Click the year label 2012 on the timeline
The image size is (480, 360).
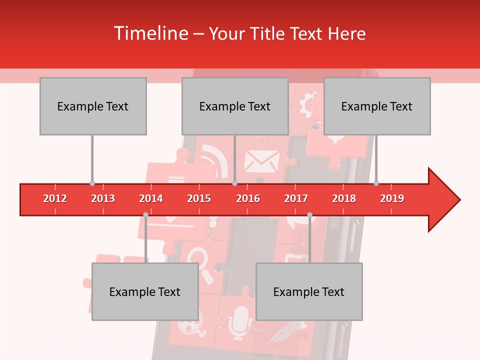pos(55,198)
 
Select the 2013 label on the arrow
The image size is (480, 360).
pos(103,198)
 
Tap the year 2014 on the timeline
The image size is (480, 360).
pos(151,198)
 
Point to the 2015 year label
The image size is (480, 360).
pos(199,198)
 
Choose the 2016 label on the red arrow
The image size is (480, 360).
pos(248,198)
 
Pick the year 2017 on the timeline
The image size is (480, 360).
pos(296,198)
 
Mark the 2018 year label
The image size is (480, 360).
pos(344,198)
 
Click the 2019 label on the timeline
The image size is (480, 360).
pos(392,198)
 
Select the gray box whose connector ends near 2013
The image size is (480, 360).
pos(93,106)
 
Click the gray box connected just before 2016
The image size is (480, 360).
pos(235,106)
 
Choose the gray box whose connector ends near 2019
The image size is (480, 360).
pos(377,106)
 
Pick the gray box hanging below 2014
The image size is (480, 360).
pos(145,291)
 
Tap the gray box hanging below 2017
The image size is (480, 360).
pos(309,291)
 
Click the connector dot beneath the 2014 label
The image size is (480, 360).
pos(145,215)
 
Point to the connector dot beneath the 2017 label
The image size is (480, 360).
pos(309,215)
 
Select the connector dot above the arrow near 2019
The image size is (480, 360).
pos(376,183)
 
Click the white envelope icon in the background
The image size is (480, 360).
pos(261,161)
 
